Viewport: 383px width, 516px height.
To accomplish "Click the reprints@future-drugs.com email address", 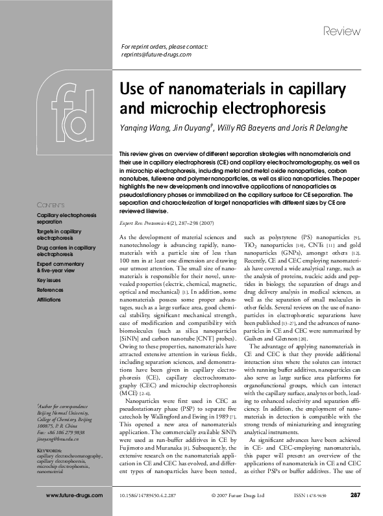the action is tap(156, 55).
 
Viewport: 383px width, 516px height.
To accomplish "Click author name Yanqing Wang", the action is tap(143, 127).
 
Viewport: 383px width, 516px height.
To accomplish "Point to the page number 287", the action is tap(355, 496).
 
